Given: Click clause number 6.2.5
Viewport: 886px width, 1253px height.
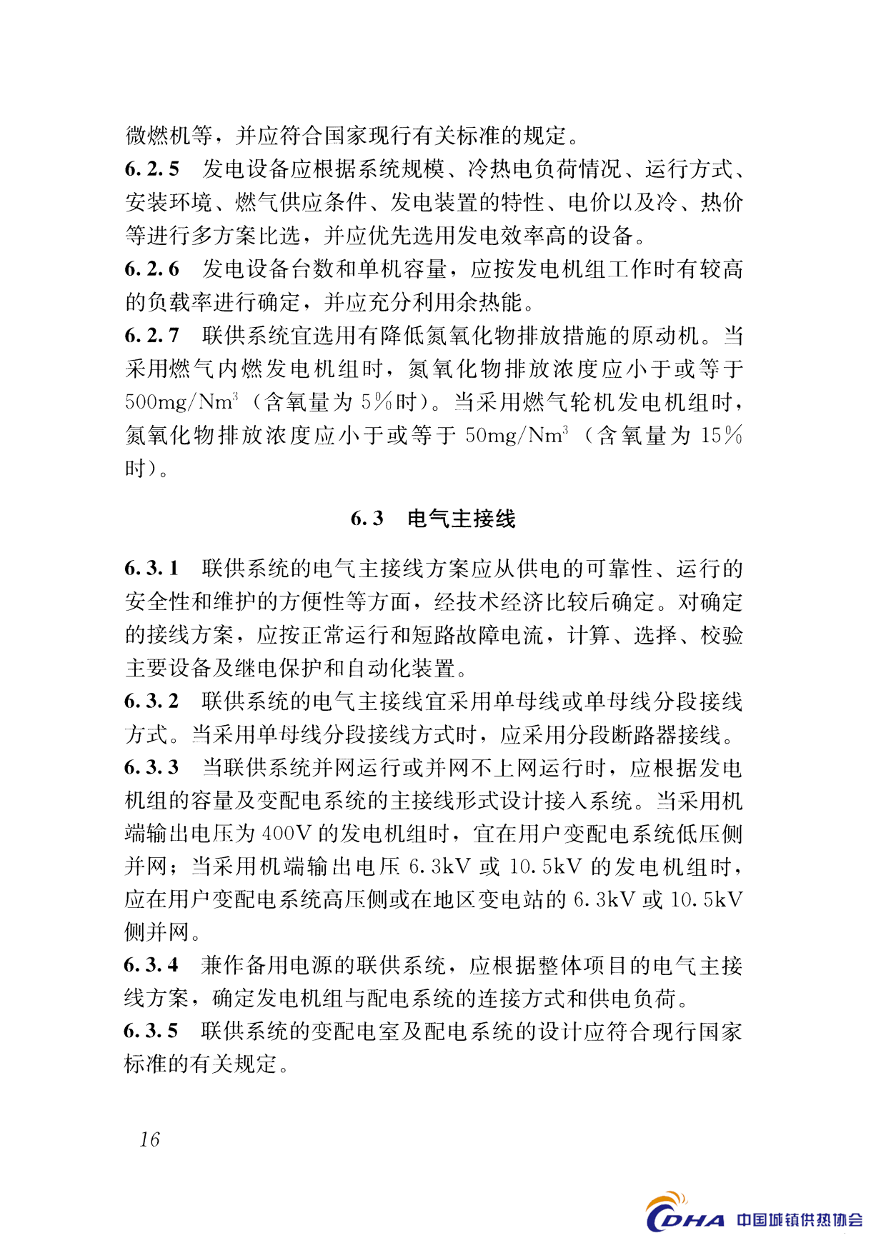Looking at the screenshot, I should click(x=151, y=169).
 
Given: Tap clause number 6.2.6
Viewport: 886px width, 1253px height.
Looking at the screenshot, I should click(x=151, y=269).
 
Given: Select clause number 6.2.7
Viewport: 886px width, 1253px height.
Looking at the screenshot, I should click(x=151, y=336).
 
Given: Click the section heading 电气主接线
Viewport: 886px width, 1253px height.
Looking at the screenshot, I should click(x=461, y=519).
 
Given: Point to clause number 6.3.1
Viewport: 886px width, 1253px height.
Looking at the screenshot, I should click(x=151, y=569).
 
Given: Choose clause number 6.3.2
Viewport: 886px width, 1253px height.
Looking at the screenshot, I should click(x=151, y=702).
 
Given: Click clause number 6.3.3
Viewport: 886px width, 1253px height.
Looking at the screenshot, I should click(x=151, y=768).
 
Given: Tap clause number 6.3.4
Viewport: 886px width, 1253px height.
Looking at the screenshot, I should click(x=151, y=966).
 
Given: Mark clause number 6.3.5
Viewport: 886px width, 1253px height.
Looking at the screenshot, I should click(x=151, y=1032).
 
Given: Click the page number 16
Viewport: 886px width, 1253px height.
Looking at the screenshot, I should click(x=150, y=1139).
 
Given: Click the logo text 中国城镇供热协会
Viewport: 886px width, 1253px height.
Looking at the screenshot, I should click(x=800, y=1220).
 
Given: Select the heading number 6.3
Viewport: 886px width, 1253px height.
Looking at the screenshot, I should click(x=367, y=519).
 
